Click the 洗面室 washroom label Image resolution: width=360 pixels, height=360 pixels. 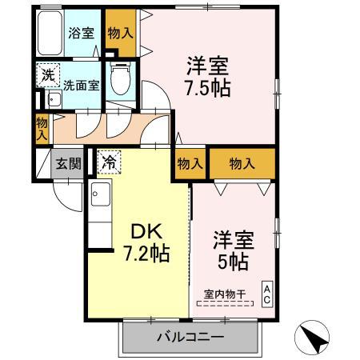point(82,85)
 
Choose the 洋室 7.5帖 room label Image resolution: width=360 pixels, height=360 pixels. point(209,74)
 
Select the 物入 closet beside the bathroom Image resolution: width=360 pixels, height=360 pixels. point(121,33)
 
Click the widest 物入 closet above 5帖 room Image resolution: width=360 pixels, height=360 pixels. point(242,163)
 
